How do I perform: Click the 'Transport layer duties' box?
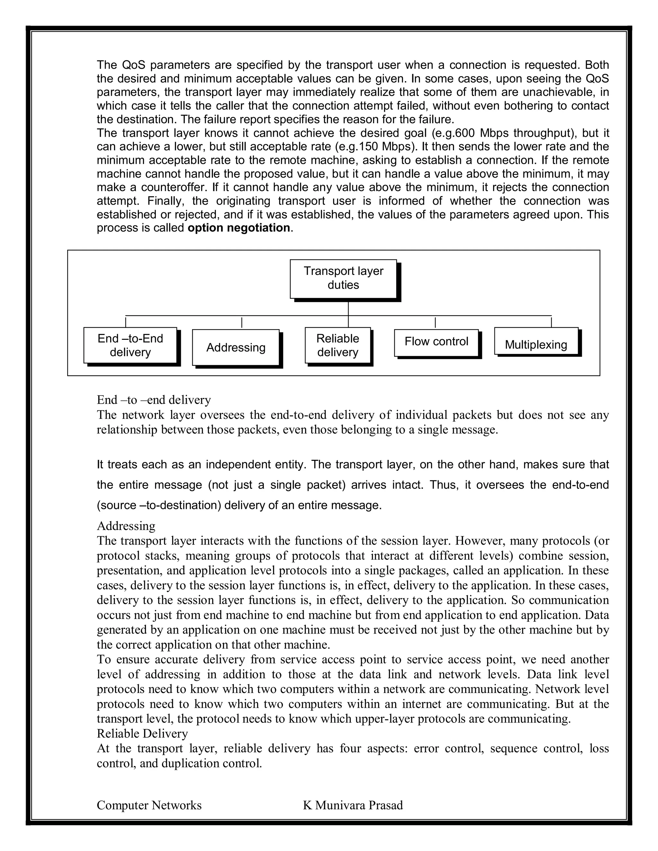[x=343, y=279]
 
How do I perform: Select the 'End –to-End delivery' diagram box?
[x=130, y=345]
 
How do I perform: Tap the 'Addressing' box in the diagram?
[x=236, y=347]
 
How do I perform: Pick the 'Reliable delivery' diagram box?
[x=338, y=345]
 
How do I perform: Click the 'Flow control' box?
[x=436, y=342]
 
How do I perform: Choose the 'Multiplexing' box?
[x=536, y=345]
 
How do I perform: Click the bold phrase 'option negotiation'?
[x=239, y=228]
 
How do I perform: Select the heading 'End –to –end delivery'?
[x=154, y=400]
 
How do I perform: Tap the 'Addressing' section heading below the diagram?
[x=126, y=526]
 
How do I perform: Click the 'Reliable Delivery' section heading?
[x=142, y=734]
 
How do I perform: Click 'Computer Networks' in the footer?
[x=149, y=805]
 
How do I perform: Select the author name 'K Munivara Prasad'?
[x=353, y=805]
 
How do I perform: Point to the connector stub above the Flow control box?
[x=435, y=323]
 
